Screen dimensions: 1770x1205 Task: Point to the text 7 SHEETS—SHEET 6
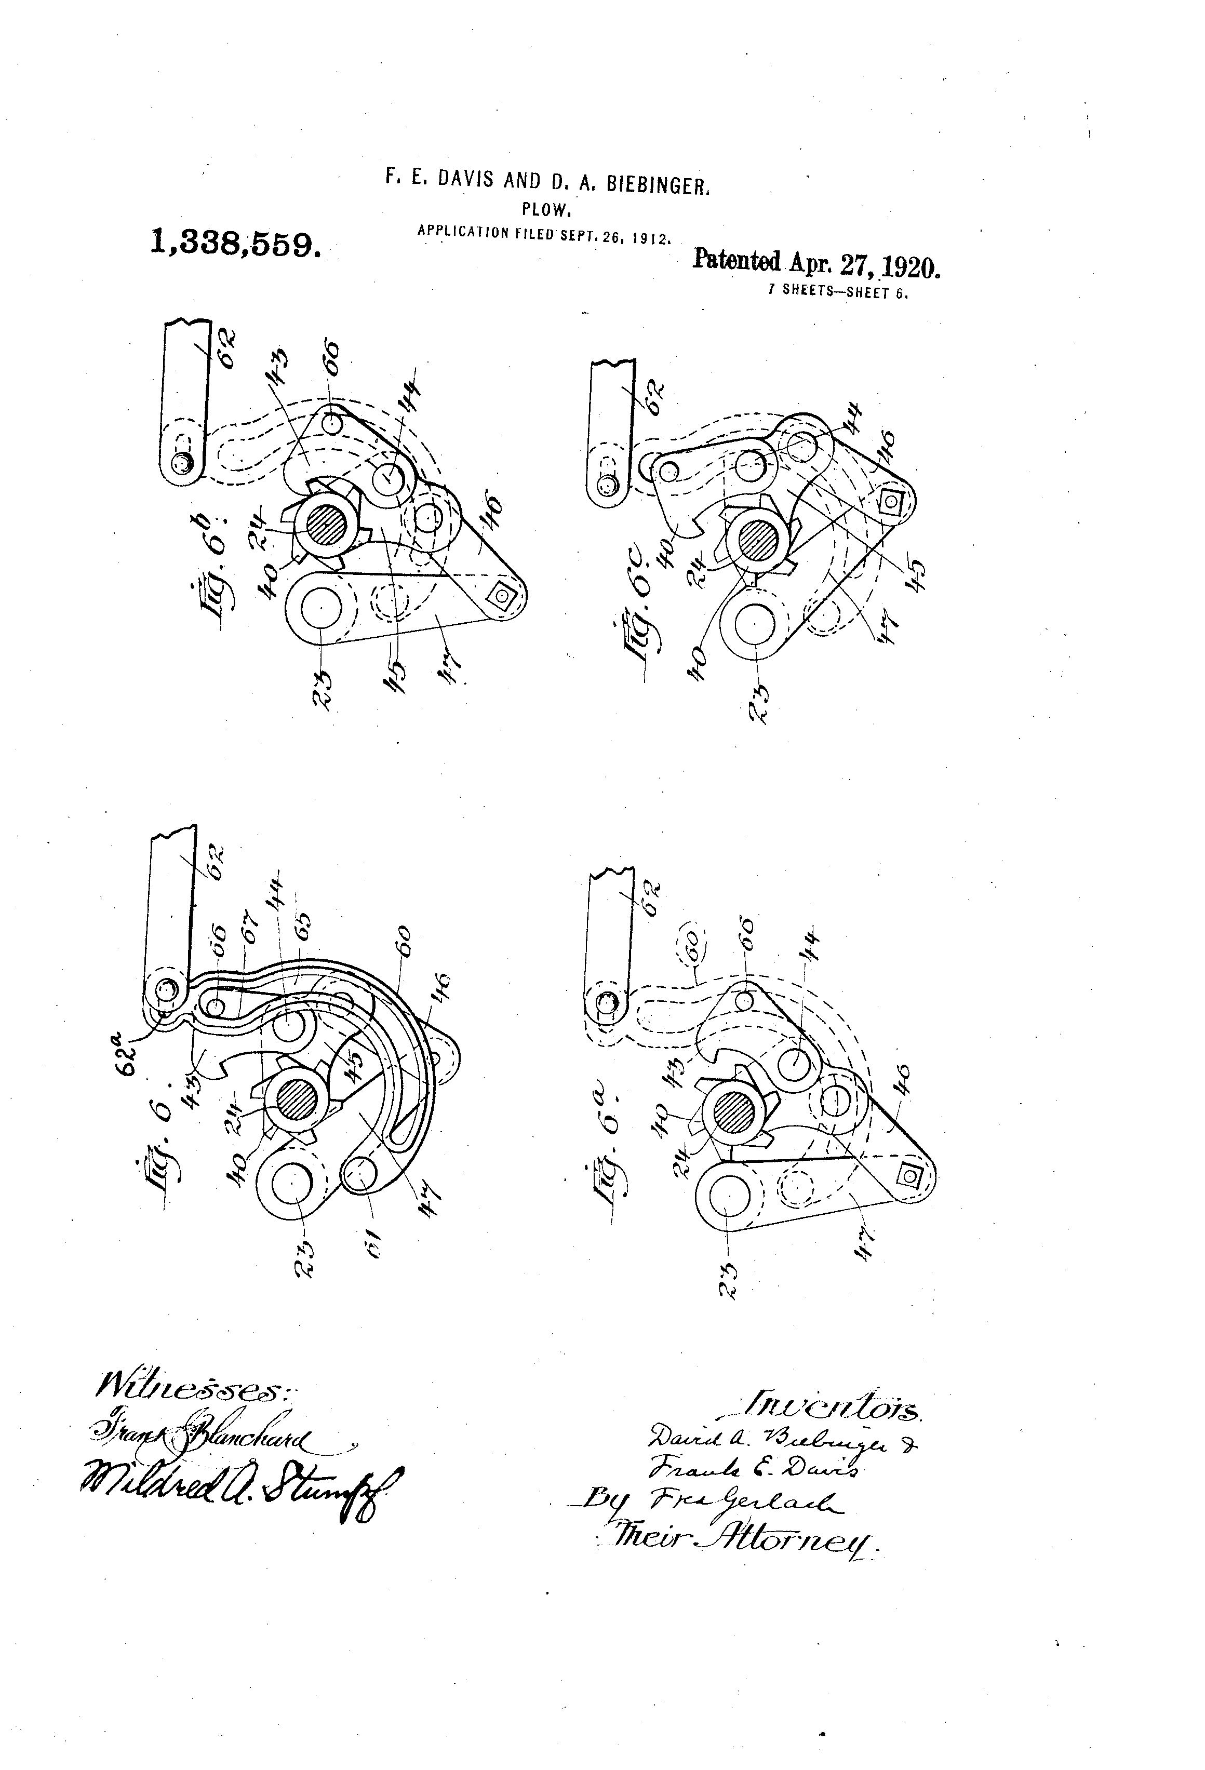(839, 293)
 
